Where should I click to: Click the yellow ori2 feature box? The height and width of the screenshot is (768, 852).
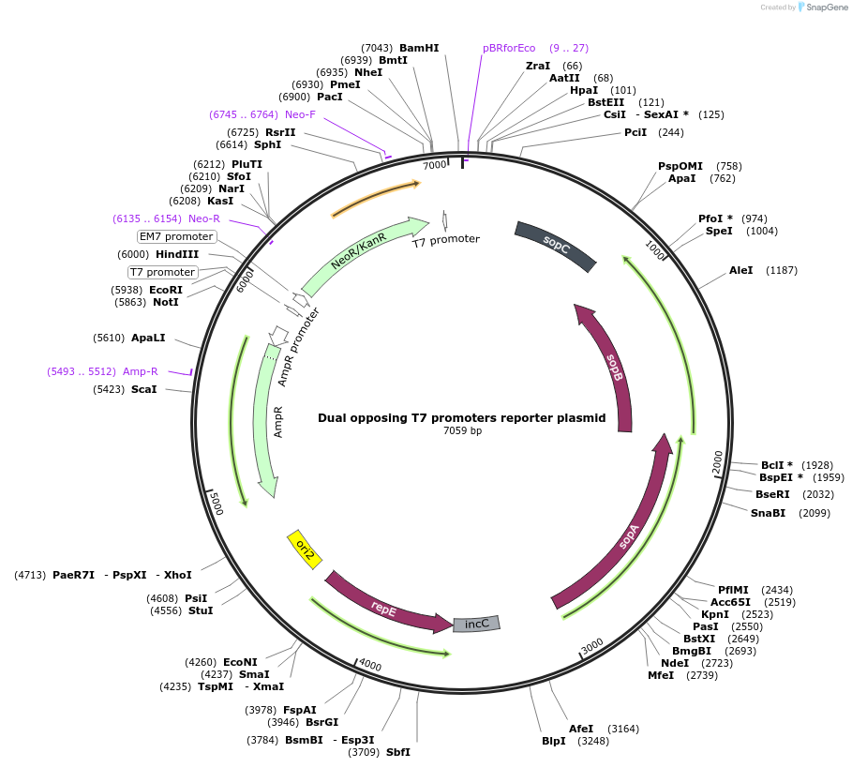(305, 550)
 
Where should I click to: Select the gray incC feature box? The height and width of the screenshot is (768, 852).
(477, 624)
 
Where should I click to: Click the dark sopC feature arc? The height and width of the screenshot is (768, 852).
(556, 246)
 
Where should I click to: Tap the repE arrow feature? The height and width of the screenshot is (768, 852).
(384, 608)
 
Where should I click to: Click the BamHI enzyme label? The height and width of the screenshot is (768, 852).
(418, 48)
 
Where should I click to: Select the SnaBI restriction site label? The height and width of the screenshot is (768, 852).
(768, 513)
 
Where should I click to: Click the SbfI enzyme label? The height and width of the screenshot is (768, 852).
(398, 752)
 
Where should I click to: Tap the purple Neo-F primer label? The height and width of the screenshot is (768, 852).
(300, 114)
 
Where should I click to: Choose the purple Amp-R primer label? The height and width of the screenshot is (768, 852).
(141, 371)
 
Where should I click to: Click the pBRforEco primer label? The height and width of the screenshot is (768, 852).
(509, 48)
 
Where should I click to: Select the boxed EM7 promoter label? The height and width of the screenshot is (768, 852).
(176, 236)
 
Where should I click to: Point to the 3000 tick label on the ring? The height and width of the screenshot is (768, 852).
(591, 647)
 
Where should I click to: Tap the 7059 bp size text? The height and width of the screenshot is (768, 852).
(462, 431)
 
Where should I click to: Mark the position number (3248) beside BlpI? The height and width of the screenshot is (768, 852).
(590, 741)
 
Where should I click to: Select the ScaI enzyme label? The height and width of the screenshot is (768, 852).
(143, 389)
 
